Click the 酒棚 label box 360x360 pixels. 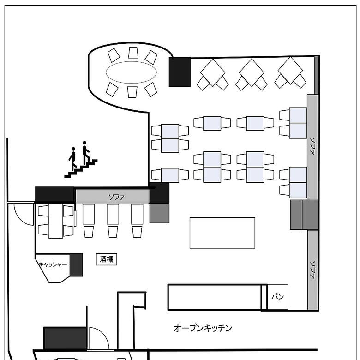pos(107,259)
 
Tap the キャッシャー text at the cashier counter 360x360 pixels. pos(53,264)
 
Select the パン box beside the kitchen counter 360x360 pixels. pos(277,297)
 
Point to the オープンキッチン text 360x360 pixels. pos(203,328)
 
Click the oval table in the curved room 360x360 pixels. pos(132,72)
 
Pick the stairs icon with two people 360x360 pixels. pos(81,159)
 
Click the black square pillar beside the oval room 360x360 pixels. pos(180,72)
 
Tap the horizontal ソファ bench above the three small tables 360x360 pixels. pos(113,196)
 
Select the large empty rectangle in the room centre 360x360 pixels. pos(222,233)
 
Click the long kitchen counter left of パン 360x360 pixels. pos(215,297)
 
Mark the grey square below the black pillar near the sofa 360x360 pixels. pos(159,213)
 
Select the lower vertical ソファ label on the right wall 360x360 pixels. pos(312,270)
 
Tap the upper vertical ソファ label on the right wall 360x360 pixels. pos(312,146)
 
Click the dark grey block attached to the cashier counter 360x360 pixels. pos(76,265)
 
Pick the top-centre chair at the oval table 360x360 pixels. pos(133,53)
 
